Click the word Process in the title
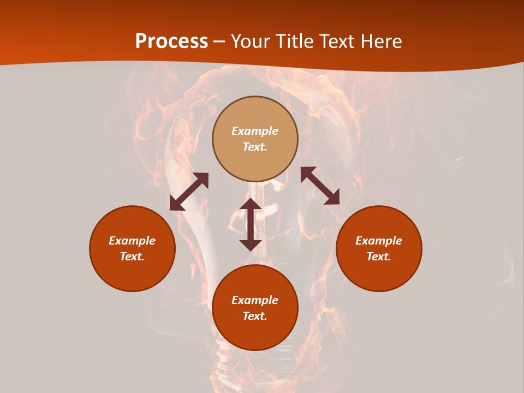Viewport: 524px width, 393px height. pyautogui.click(x=171, y=41)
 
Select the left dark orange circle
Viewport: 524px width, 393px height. pyautogui.click(x=132, y=273)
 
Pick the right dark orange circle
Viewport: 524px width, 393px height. pyautogui.click(x=379, y=273)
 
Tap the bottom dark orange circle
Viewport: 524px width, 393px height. pyautogui.click(x=255, y=333)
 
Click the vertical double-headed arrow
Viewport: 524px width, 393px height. pyautogui.click(x=251, y=224)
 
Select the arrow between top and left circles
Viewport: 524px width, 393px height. pyautogui.click(x=189, y=192)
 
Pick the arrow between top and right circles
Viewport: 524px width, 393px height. pyautogui.click(x=320, y=186)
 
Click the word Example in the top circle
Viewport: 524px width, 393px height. pyautogui.click(x=255, y=131)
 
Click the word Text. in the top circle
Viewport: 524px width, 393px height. pyautogui.click(x=255, y=147)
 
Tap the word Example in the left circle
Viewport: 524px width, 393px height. pyautogui.click(x=132, y=241)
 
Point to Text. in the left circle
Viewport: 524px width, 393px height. pyautogui.click(x=132, y=257)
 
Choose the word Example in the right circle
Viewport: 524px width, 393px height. pyautogui.click(x=379, y=241)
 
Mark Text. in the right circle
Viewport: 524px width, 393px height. pyautogui.click(x=379, y=257)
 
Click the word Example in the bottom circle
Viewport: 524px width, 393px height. pyautogui.click(x=255, y=300)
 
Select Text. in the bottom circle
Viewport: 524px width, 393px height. pyautogui.click(x=255, y=316)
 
